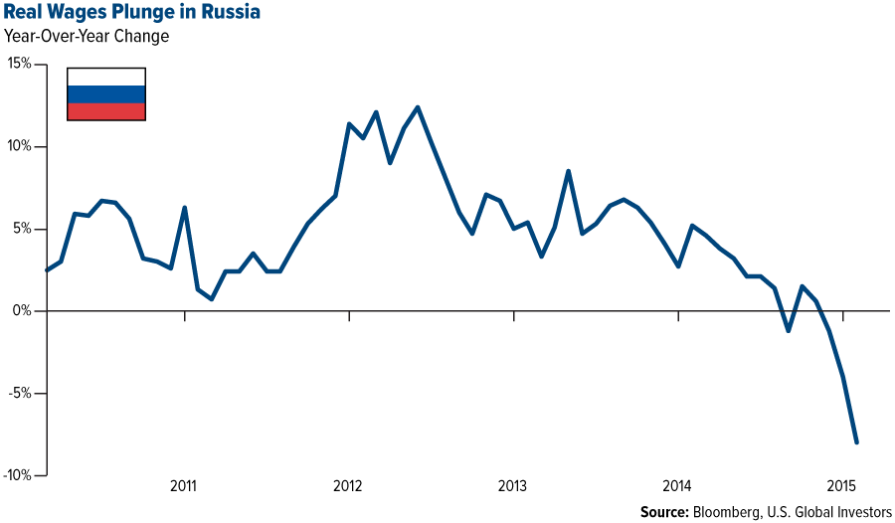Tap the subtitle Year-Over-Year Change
86,37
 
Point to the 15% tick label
20,64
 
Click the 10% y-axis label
20,146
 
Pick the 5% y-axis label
23,229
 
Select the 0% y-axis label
23,311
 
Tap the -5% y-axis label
21,393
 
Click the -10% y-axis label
18,475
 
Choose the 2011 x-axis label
184,487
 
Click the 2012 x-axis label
348,487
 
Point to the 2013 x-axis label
512,487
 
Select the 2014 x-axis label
677,487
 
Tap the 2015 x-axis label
841,487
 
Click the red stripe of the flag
106,111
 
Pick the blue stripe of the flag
106,94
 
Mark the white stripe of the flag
106,77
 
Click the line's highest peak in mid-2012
418,106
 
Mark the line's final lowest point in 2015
856,442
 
